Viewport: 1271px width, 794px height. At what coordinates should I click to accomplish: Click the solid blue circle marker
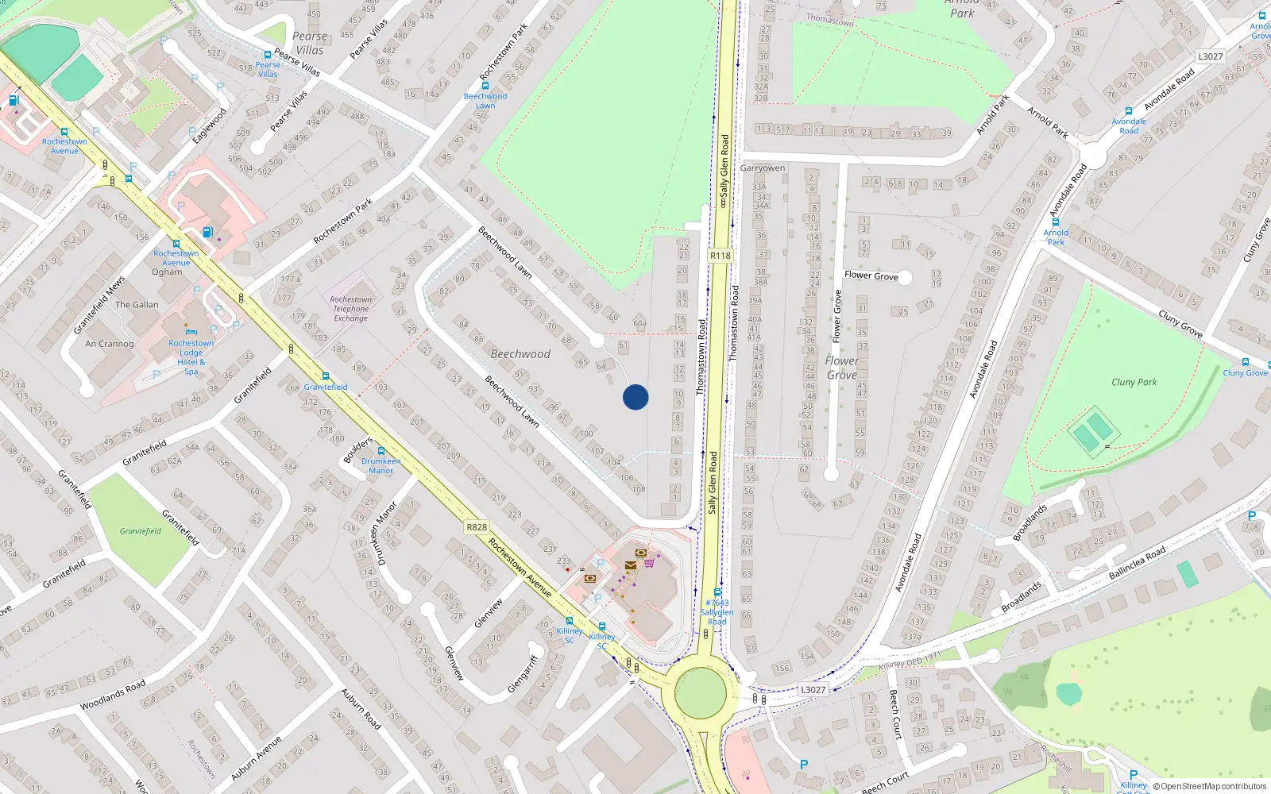[x=635, y=397]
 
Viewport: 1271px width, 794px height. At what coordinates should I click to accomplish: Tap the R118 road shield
[x=720, y=256]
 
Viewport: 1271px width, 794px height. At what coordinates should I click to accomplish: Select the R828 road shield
[x=477, y=527]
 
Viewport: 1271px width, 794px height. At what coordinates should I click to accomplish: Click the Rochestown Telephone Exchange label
[x=351, y=309]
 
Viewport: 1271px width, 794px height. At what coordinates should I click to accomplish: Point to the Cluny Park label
[x=1134, y=382]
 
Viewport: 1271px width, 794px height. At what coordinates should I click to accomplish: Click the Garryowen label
[x=763, y=168]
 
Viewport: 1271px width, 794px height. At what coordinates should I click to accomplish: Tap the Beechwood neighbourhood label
[x=520, y=354]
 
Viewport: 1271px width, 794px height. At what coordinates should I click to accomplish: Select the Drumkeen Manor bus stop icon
[x=381, y=452]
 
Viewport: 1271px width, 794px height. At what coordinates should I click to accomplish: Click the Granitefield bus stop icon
[x=326, y=376]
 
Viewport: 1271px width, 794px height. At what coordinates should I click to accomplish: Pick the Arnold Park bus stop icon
[x=1056, y=222]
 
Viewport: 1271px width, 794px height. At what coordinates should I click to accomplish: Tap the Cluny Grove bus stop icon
[x=1246, y=362]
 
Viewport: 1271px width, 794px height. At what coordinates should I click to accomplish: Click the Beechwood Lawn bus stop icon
[x=485, y=86]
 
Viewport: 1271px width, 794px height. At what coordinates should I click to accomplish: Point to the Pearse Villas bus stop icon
[x=268, y=55]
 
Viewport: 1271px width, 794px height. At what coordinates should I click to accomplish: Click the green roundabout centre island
[x=701, y=692]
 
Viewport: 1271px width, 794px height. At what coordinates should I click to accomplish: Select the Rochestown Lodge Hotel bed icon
[x=191, y=332]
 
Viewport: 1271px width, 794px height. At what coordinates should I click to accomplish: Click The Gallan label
[x=137, y=305]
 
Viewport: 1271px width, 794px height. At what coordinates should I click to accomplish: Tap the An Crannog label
[x=110, y=344]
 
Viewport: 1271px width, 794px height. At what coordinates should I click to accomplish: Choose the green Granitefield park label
[x=141, y=531]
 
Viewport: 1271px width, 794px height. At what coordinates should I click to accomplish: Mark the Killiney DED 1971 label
[x=910, y=661]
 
